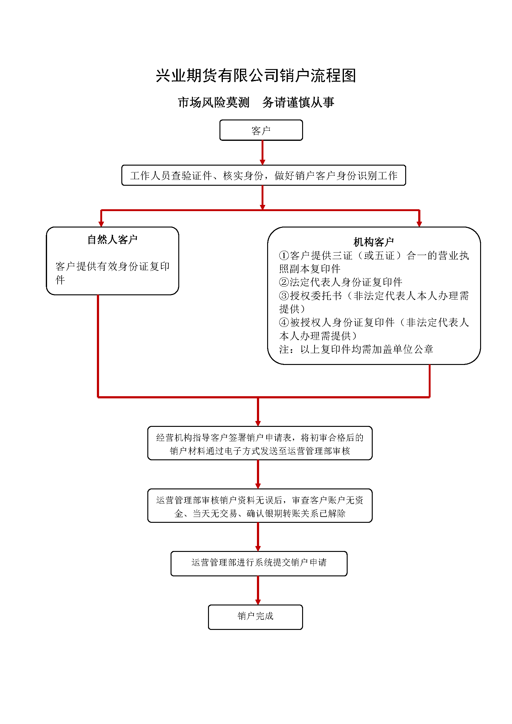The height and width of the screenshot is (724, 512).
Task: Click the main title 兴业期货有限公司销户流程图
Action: click(x=256, y=76)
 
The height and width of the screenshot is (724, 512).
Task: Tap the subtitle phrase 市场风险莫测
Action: click(x=214, y=102)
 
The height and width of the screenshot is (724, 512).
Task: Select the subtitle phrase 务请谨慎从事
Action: click(x=298, y=102)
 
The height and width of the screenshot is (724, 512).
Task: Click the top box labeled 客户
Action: click(x=261, y=130)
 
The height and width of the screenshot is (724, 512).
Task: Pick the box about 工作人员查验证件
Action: click(x=263, y=175)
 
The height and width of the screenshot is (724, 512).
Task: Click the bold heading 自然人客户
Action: click(x=112, y=240)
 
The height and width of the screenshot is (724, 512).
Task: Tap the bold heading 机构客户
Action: click(x=374, y=242)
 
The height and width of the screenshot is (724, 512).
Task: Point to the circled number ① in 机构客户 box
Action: click(x=284, y=255)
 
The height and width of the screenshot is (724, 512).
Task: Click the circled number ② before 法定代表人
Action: click(x=284, y=282)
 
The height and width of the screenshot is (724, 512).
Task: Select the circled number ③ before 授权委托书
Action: click(x=284, y=296)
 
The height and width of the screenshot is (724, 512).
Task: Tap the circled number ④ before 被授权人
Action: click(x=284, y=322)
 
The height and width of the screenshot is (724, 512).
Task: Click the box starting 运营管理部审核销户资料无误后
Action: click(x=260, y=506)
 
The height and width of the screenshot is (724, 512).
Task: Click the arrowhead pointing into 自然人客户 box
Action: click(x=101, y=224)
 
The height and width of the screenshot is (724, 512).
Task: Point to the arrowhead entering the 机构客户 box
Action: click(x=419, y=224)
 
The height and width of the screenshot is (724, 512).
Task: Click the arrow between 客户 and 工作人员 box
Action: click(x=262, y=153)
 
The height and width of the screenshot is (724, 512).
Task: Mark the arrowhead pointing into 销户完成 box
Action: click(x=258, y=602)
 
